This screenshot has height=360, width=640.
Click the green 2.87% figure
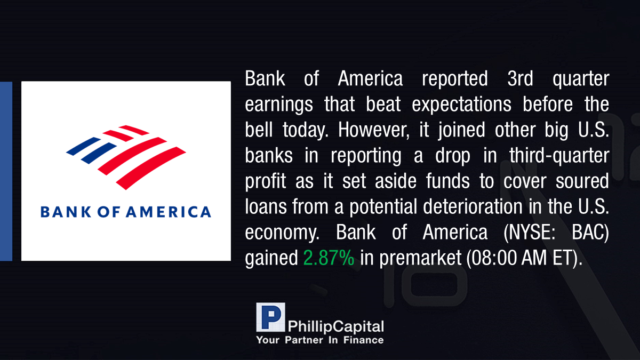click(x=329, y=258)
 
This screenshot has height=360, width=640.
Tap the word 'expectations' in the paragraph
click(x=461, y=105)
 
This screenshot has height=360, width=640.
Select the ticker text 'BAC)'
click(x=590, y=233)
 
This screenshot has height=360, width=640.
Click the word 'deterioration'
click(x=473, y=206)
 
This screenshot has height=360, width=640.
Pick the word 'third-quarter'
click(x=559, y=156)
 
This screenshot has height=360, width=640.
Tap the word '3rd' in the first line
click(x=520, y=78)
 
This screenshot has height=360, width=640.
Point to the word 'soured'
click(x=582, y=181)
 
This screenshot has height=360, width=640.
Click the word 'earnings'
click(x=278, y=105)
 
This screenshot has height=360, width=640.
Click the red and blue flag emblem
click(x=126, y=157)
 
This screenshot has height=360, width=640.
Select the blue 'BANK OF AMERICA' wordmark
click(x=126, y=212)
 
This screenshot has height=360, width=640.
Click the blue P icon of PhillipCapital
click(x=270, y=317)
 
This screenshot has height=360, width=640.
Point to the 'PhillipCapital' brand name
click(x=335, y=326)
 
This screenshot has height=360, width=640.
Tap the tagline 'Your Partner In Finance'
click(x=319, y=340)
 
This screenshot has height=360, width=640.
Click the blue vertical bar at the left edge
click(x=6, y=171)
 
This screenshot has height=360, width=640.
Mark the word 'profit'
click(x=266, y=182)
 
